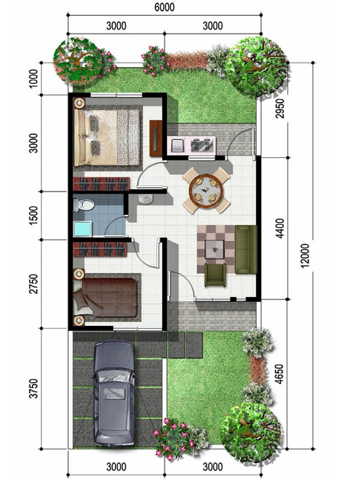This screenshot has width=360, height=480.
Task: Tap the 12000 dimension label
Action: click(x=306, y=255)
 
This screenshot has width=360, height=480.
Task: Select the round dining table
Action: click(x=206, y=190)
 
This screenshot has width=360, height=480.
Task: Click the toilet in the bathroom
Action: click(x=84, y=206)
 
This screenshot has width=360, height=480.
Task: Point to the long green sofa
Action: click(x=245, y=250)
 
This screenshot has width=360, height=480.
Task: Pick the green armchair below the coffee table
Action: click(x=215, y=275)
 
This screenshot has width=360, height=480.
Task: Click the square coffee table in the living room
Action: click(x=214, y=248)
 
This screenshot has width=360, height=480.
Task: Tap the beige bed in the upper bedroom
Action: click(x=108, y=136)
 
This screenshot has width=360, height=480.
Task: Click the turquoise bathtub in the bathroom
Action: click(x=82, y=229)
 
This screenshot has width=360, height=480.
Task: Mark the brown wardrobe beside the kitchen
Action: click(x=156, y=138)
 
